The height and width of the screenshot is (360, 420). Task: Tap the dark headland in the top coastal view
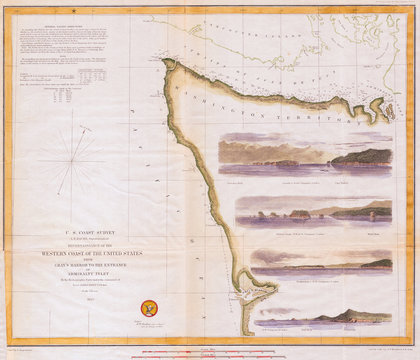click(365, 157)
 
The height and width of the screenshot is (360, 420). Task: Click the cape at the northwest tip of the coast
click(166, 64)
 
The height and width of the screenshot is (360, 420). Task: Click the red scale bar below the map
click(210, 351)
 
